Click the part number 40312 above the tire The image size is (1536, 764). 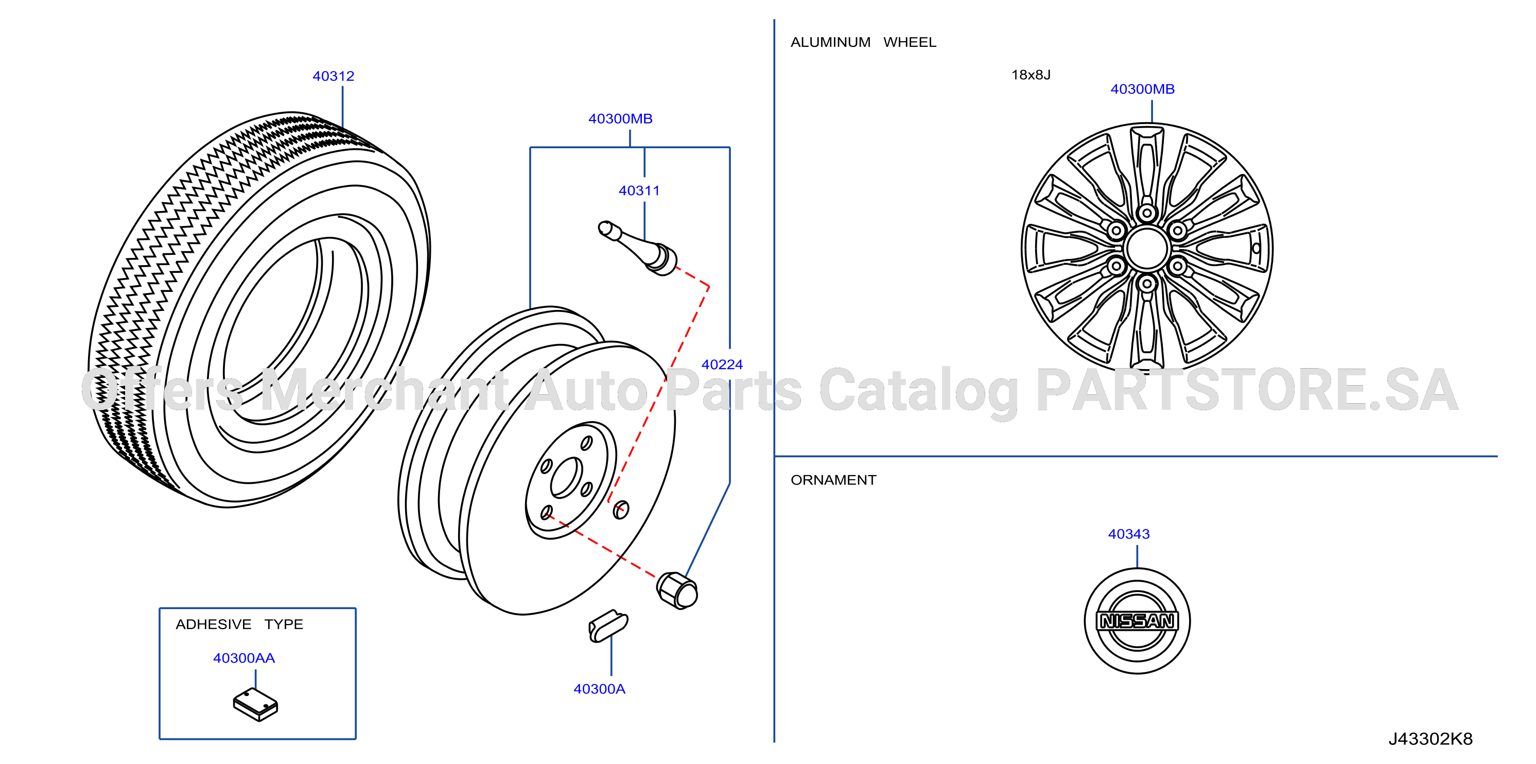point(334,76)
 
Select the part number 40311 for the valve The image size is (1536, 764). point(639,191)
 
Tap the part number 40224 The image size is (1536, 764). point(722,364)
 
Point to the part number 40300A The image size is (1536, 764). point(599,689)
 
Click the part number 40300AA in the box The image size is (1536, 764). point(244,658)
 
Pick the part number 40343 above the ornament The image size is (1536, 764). point(1129,534)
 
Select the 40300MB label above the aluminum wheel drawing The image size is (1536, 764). point(1142,89)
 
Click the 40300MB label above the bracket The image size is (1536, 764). point(620,119)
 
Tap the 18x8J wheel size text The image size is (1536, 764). point(1031,75)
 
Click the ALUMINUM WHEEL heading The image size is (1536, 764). point(863,42)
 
